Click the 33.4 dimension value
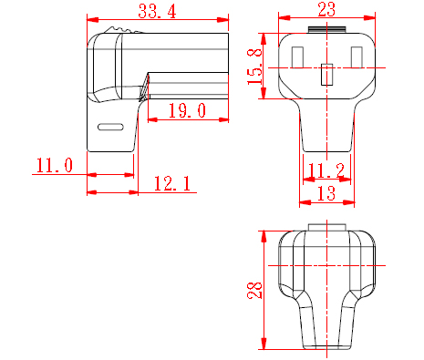tap(157, 11)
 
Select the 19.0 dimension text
tap(187, 110)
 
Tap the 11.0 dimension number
tap(55, 166)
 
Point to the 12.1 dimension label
tap(172, 183)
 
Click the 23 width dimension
tap(326, 9)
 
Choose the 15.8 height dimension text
tap(254, 66)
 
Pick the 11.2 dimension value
tap(326, 170)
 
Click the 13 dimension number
tap(326, 193)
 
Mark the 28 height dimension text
tap(254, 290)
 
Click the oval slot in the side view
tap(110, 127)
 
